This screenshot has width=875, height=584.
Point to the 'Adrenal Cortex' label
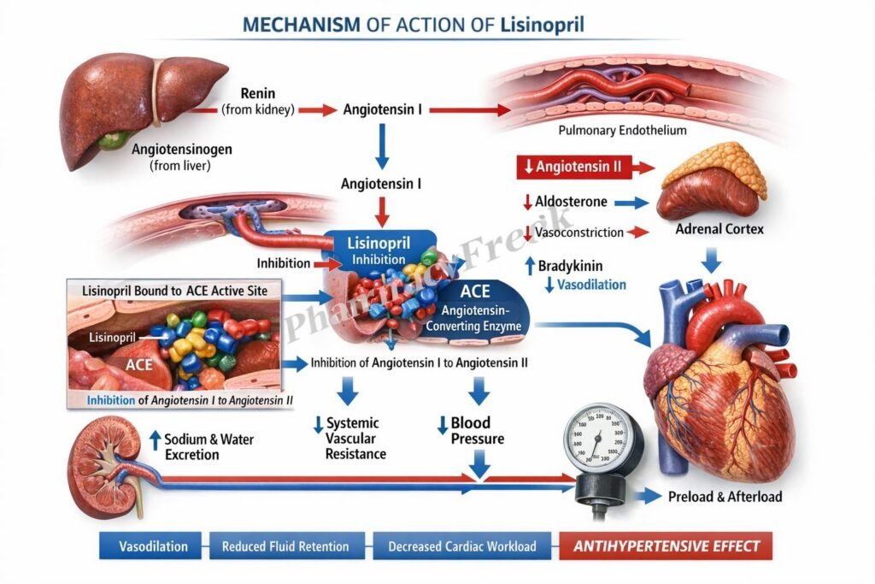point(719,230)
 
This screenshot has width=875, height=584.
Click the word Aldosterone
point(572,202)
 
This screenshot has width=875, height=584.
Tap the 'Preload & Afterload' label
point(725,496)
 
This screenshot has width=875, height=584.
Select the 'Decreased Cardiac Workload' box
point(461,546)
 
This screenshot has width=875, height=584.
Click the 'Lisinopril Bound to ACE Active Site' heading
point(175,291)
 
